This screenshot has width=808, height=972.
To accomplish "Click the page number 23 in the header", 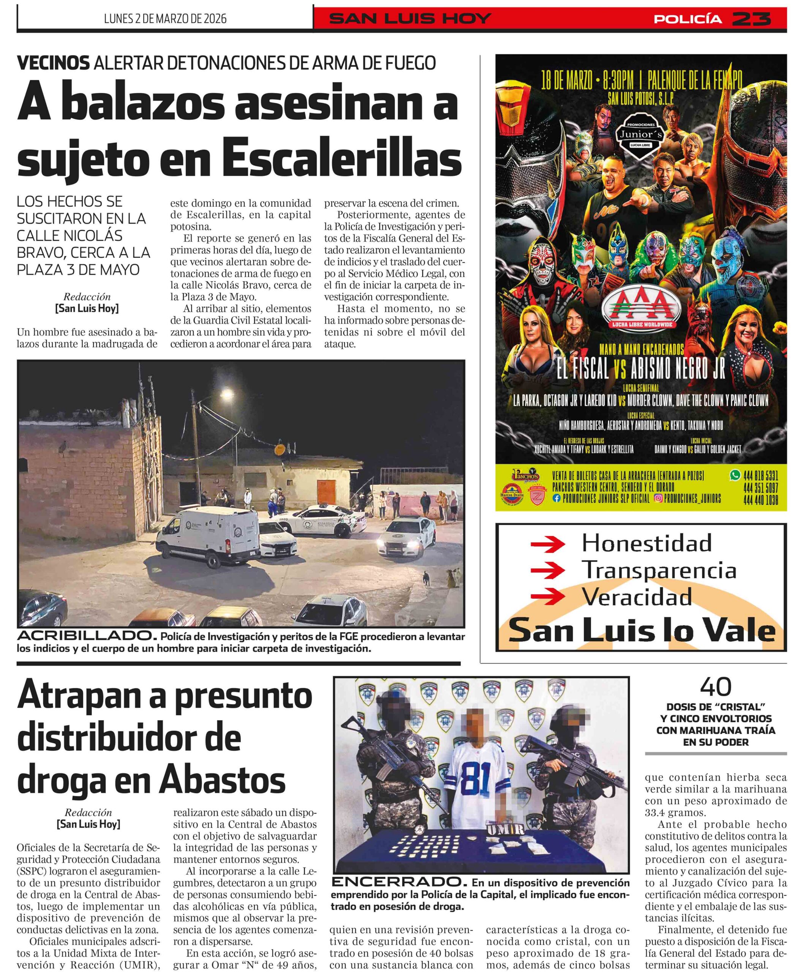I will click(x=751, y=19).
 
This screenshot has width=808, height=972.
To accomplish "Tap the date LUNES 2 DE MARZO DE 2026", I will click(x=165, y=19).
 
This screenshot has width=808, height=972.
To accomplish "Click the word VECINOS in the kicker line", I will click(x=53, y=63).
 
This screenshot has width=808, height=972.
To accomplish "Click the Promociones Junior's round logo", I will click(x=641, y=135).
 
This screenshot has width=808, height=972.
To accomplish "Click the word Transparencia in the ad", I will click(x=658, y=570).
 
